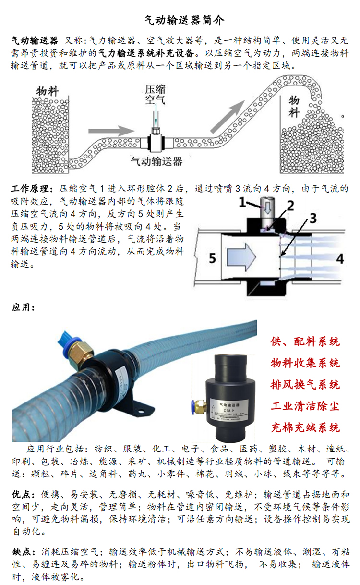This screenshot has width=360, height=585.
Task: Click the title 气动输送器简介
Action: [180, 20]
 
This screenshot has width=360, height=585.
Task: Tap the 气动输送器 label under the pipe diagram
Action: [157, 161]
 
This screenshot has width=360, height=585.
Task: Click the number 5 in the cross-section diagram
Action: [211, 259]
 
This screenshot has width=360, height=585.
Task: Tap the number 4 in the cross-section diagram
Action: [339, 259]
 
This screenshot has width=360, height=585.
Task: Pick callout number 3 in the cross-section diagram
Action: [312, 219]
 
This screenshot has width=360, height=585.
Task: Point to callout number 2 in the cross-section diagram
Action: [290, 207]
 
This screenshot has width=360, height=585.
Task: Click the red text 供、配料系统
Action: [305, 341]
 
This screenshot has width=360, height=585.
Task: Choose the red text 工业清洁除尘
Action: [305, 406]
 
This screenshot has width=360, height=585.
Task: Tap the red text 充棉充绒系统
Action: [305, 427]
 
